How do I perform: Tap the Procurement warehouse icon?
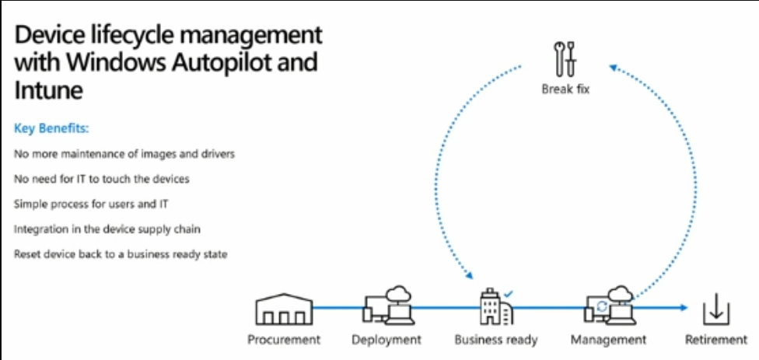[x=284, y=309]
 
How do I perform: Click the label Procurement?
[x=284, y=340]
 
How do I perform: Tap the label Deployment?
[x=386, y=340]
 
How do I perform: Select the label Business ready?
[x=496, y=340]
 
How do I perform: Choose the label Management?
[x=608, y=340]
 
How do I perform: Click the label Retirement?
[x=715, y=340]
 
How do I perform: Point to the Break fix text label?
[x=565, y=89]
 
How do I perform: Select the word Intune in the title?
[x=49, y=89]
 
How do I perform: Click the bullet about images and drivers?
[x=124, y=154]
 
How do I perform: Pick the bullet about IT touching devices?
[x=102, y=179]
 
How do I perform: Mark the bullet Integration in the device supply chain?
[x=107, y=229]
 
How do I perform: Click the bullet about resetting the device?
[x=121, y=254]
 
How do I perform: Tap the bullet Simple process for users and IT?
[x=92, y=204]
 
